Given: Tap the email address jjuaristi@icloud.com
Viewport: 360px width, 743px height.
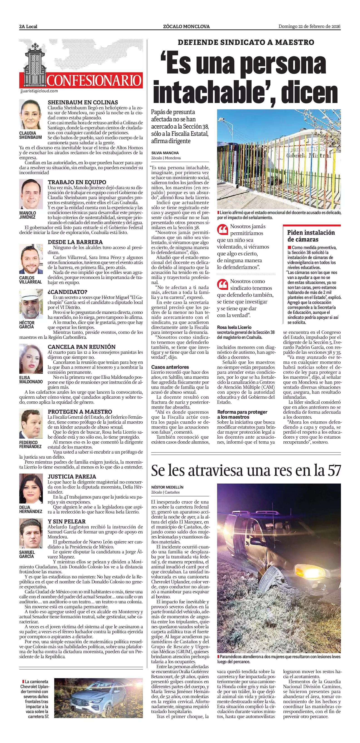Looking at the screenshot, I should click(x=39, y=91).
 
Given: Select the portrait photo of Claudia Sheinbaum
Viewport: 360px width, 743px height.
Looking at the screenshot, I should click(x=31, y=115).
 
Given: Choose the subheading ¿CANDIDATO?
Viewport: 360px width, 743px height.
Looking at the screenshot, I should click(x=68, y=292).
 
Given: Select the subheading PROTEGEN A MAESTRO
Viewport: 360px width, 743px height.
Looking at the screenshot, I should click(x=80, y=412).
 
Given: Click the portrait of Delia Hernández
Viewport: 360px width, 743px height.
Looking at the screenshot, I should click(x=31, y=489).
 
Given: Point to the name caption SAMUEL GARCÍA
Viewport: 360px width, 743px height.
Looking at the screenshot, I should click(x=27, y=554).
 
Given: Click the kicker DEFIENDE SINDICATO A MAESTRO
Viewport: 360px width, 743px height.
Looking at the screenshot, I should click(x=246, y=42).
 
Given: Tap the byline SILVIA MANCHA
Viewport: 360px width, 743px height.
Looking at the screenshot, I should click(x=165, y=153).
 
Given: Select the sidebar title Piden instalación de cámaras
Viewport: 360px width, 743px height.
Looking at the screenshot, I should click(x=311, y=236).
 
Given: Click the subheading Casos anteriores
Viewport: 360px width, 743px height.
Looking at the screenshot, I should click(x=170, y=367).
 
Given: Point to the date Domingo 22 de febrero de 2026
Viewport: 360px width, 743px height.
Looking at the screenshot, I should click(x=309, y=27).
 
